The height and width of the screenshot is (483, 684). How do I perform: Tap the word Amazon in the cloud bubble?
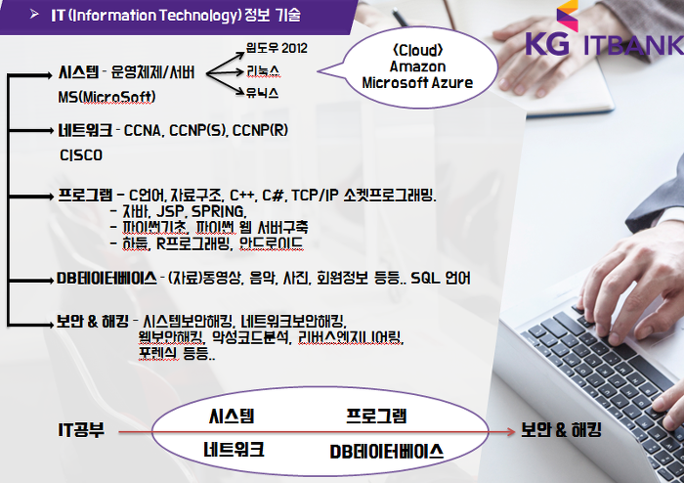pyautogui.click(x=417, y=66)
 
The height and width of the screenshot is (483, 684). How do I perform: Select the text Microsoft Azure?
pyautogui.click(x=417, y=83)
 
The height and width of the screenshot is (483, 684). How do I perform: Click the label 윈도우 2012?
pyautogui.click(x=277, y=48)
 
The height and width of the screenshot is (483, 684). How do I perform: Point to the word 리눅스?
pyautogui.click(x=263, y=70)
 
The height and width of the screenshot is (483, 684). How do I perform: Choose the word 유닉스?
pyautogui.click(x=262, y=93)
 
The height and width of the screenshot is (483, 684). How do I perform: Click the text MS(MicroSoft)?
pyautogui.click(x=107, y=97)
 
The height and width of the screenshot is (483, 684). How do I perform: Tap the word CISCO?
pyautogui.click(x=81, y=155)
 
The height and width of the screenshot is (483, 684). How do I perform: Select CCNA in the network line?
pyautogui.click(x=143, y=130)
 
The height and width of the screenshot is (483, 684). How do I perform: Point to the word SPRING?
pyautogui.click(x=218, y=211)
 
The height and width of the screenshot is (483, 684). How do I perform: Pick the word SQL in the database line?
pyautogui.click(x=425, y=278)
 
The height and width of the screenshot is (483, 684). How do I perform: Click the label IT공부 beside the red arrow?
pyautogui.click(x=81, y=430)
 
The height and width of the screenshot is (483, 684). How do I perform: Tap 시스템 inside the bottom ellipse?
pyautogui.click(x=232, y=416)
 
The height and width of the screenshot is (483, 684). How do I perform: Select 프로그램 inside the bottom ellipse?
pyautogui.click(x=376, y=416)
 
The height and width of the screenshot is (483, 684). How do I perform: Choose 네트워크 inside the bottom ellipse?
pyautogui.click(x=234, y=450)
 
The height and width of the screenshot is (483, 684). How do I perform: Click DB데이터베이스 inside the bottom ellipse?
pyautogui.click(x=387, y=452)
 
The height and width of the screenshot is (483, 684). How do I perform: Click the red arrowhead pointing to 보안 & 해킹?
pyautogui.click(x=511, y=432)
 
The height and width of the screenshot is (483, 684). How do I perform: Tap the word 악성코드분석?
pyautogui.click(x=250, y=337)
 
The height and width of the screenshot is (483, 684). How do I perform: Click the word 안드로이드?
pyautogui.click(x=271, y=243)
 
